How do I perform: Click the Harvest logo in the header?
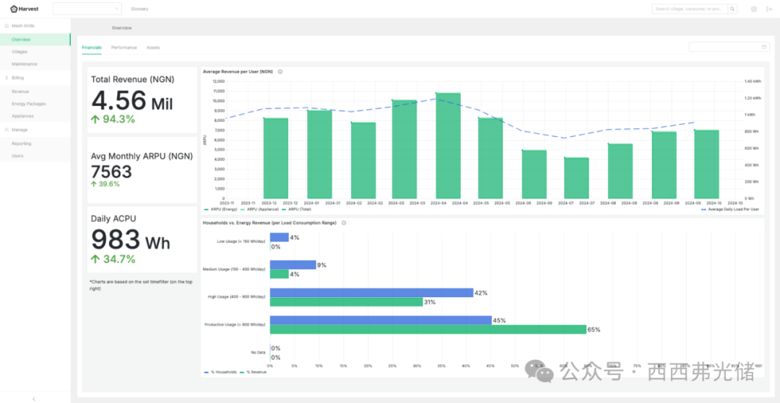25,9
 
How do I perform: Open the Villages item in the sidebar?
20,52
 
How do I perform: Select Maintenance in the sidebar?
25,64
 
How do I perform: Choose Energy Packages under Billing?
29,104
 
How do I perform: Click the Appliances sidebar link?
22,116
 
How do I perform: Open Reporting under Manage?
22,143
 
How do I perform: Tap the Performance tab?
123,48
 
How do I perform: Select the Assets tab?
153,48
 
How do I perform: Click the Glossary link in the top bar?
139,9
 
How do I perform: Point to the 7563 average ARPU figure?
111,171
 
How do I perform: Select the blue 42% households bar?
371,293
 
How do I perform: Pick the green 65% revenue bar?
428,329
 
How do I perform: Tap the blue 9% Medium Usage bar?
292,265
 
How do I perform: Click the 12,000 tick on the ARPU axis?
217,81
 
